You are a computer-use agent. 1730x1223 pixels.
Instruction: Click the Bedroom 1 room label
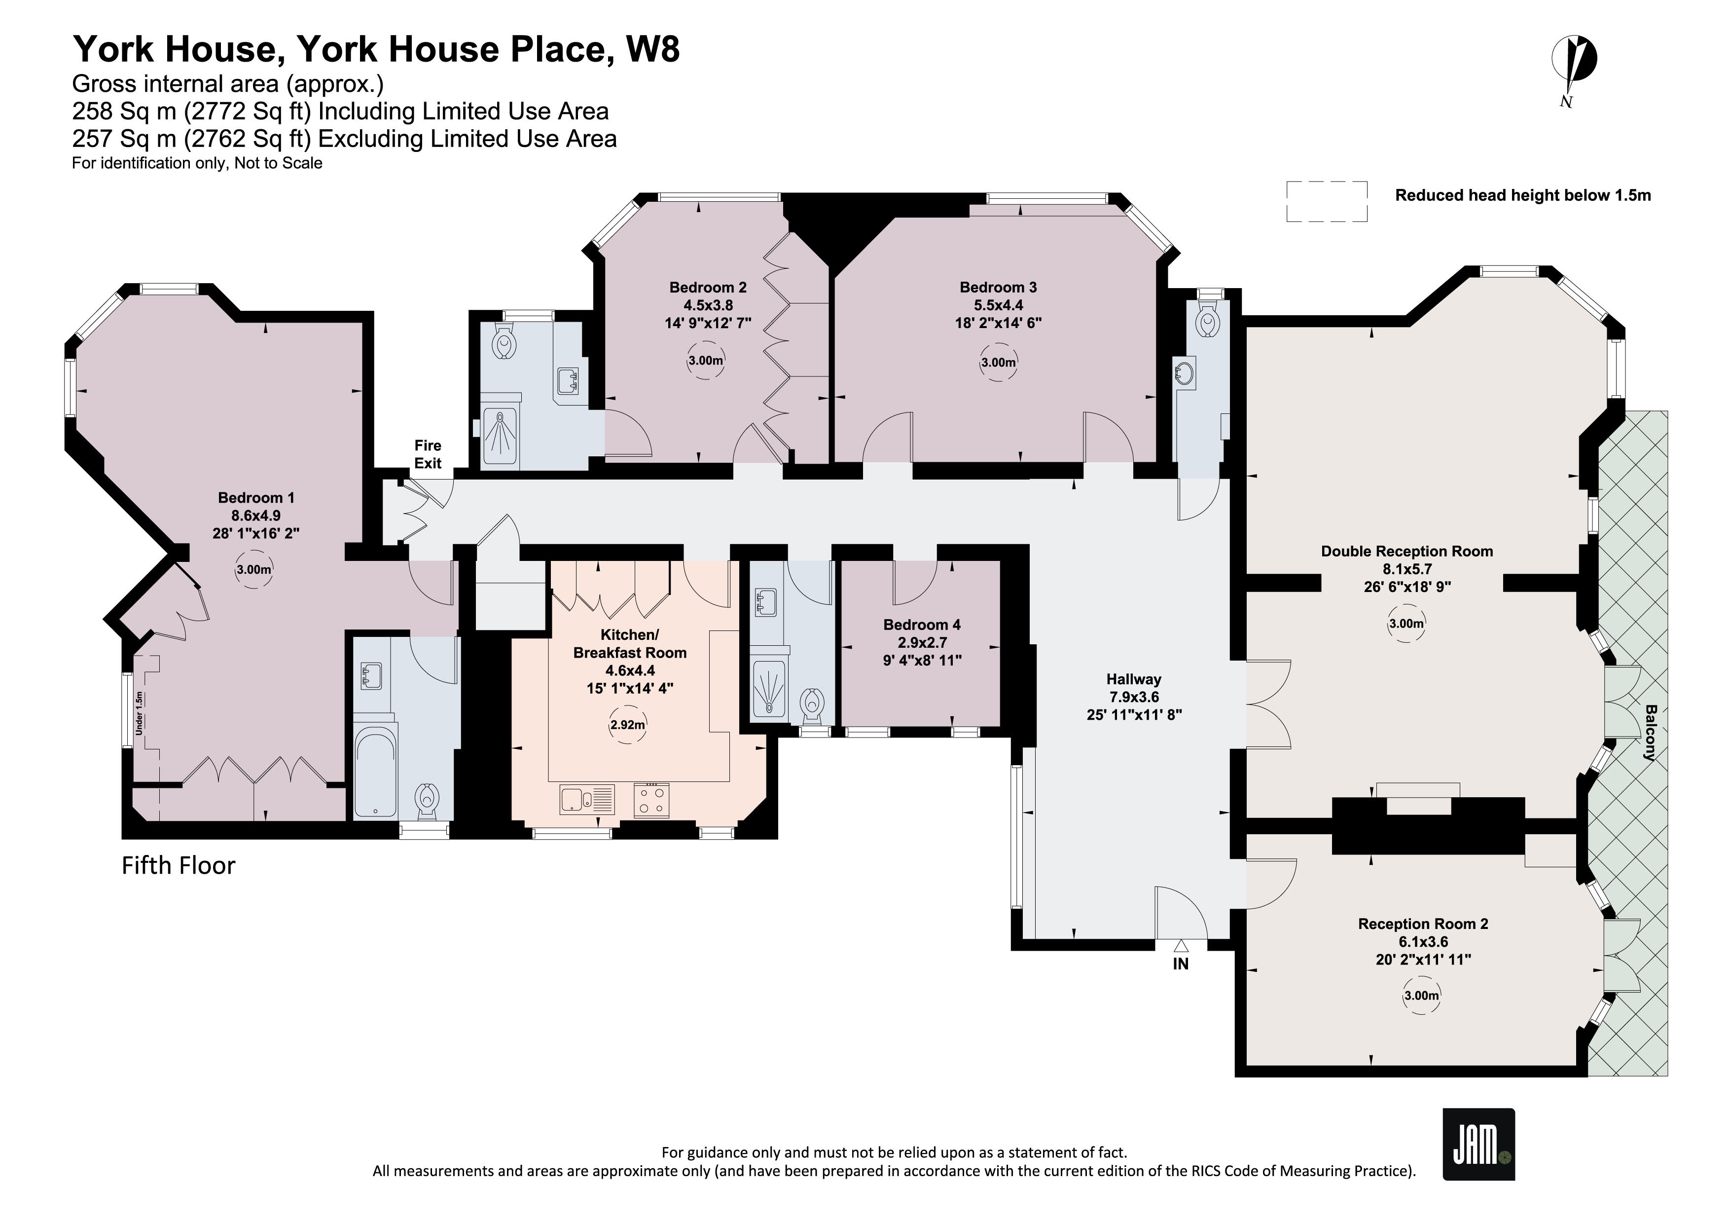(x=256, y=497)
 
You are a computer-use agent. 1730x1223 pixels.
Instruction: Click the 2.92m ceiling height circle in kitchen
(x=628, y=725)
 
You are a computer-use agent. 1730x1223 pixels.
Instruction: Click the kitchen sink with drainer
(x=587, y=800)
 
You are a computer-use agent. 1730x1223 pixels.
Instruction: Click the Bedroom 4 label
(x=922, y=625)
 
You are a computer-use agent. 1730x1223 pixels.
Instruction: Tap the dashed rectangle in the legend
(x=1326, y=201)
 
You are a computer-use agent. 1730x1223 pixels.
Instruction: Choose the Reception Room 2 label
(x=1423, y=924)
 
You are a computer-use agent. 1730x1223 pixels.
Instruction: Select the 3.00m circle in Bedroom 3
(x=998, y=363)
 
